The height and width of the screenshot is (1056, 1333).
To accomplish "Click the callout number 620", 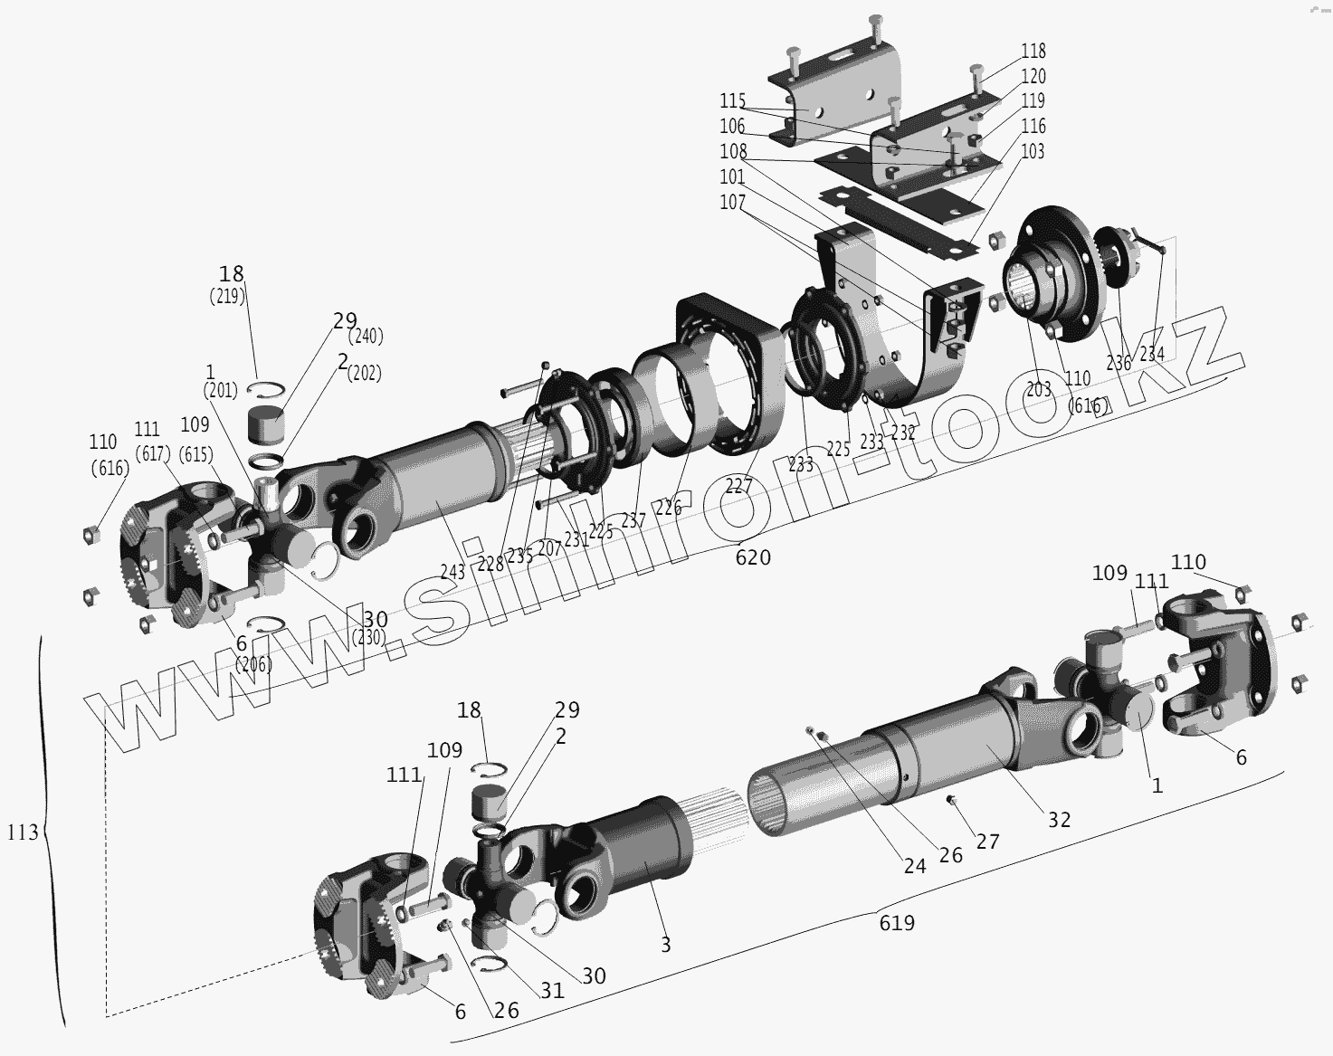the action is pos(753,557).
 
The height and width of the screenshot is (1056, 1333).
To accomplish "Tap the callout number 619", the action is pos(897,923).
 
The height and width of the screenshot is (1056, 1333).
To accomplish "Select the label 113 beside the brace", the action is pos(23,831).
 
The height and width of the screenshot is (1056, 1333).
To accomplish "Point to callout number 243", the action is pos(452,572).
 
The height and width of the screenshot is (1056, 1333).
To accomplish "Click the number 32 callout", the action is pos(1059,819).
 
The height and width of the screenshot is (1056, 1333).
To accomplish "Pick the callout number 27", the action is pos(987,842).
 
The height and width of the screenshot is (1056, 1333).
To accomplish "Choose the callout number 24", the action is pos(915,866).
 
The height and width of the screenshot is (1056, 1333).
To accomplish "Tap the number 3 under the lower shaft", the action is pos(665,946).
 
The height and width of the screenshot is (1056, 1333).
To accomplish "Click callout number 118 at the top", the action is pos(1033,52).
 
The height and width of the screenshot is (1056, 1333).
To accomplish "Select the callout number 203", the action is pos(1039,389).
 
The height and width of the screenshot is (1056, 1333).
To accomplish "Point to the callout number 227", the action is pos(738,487).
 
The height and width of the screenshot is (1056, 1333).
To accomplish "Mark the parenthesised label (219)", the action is pos(227,296).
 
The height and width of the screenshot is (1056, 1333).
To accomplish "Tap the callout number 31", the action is pos(552,991).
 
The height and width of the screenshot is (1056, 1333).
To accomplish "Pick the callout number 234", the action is pos(1151,354).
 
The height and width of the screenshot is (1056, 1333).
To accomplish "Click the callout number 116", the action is pos(1033,127).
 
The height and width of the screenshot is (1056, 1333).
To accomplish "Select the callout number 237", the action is pos(633,521).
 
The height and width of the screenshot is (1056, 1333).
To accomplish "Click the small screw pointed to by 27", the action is pos(951,799).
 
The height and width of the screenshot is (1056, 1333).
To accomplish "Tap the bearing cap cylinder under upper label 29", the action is pos(267,423).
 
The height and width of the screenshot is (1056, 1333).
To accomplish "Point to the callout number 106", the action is pos(732,127).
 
